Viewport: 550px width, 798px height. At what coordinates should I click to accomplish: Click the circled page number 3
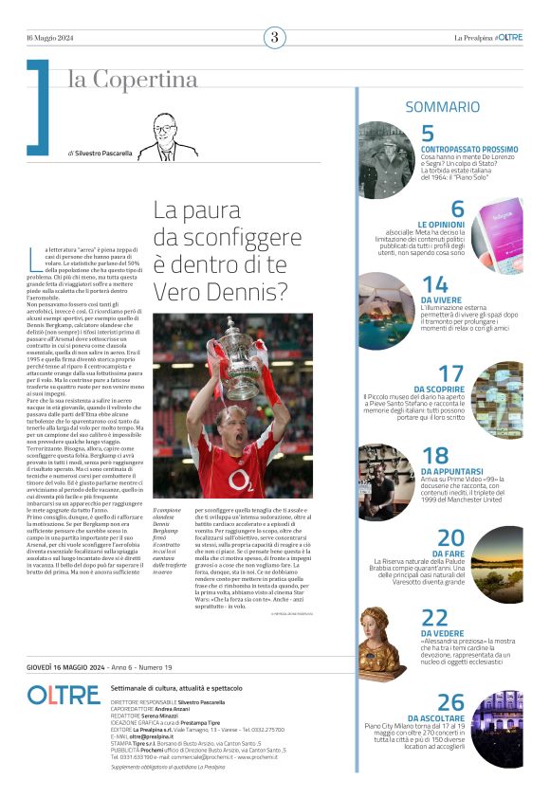click(274, 38)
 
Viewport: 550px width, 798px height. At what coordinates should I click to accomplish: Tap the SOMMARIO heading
click(442, 107)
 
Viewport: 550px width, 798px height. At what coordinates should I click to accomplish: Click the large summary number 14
click(435, 284)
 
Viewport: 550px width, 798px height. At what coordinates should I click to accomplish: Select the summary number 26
click(451, 702)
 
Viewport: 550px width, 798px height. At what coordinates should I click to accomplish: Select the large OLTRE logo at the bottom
click(64, 695)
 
